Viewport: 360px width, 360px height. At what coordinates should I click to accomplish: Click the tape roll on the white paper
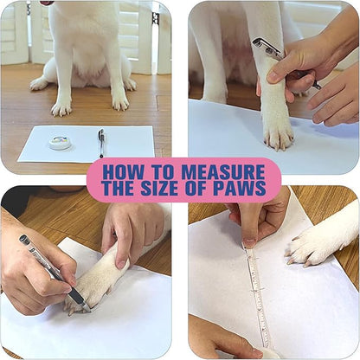click(60, 142)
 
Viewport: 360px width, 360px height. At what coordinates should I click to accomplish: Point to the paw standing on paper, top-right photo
click(277, 130)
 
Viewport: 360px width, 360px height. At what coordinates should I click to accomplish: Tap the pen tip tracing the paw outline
click(84, 304)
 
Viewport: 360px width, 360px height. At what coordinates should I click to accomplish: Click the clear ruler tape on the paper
click(254, 294)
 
